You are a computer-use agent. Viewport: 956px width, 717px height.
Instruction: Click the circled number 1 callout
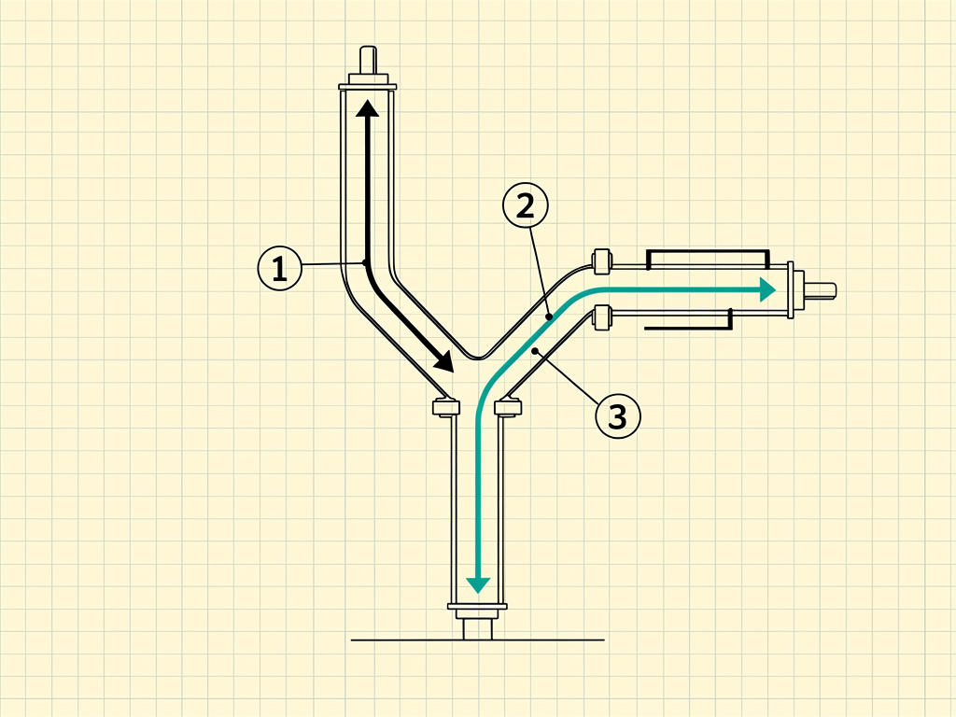pos(280,268)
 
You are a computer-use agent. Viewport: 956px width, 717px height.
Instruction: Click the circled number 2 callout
pos(526,205)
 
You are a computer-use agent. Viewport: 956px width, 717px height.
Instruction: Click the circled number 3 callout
pos(618,416)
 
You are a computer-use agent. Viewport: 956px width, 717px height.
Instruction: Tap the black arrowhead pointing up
pos(368,108)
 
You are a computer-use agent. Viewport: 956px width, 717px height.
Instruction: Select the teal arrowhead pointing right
pos(767,289)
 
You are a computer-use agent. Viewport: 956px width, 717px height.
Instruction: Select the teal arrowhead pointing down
pos(478,585)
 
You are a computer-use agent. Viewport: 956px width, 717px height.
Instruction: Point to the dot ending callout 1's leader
pos(365,262)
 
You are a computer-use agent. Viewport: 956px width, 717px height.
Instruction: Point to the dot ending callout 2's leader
pos(549,316)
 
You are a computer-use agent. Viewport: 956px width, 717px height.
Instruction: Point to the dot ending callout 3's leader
pos(535,351)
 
